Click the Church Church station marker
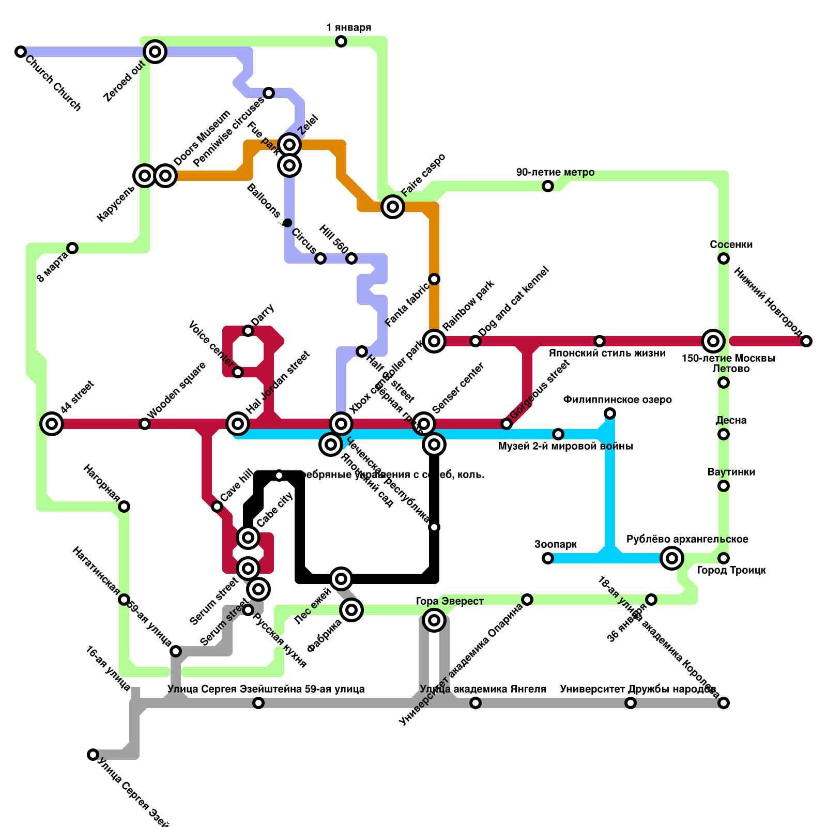click(21, 52)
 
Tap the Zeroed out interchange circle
click(155, 52)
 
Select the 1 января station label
click(348, 27)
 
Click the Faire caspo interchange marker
click(393, 207)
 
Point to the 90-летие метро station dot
click(548, 186)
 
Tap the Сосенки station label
click(731, 244)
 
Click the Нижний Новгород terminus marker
click(806, 341)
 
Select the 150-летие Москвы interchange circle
click(713, 341)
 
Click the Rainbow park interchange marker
click(434, 341)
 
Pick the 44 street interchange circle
click(52, 424)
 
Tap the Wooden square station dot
click(145, 424)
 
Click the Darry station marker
click(248, 331)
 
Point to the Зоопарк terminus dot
click(548, 558)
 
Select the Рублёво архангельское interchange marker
click(672, 558)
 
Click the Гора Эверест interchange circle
click(434, 620)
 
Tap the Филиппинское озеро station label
click(617, 400)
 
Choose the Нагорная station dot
click(124, 507)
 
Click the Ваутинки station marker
click(724, 486)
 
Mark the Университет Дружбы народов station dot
click(631, 703)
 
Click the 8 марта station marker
click(72, 248)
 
